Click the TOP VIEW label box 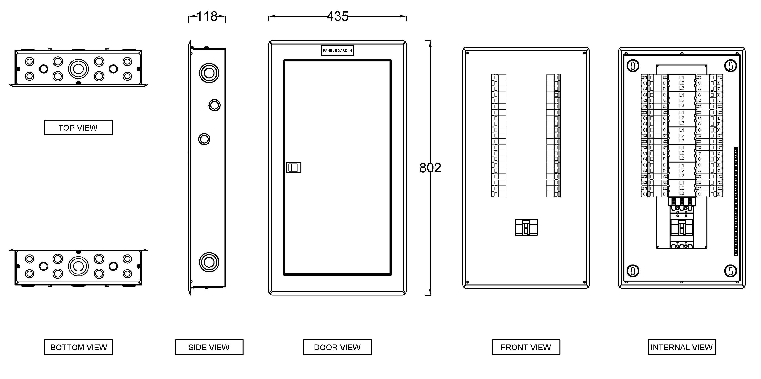(78, 127)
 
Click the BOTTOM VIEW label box (78, 347)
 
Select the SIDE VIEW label (209, 347)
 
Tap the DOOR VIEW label (337, 347)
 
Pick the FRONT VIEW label (526, 347)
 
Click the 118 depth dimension (207, 16)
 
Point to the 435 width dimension (337, 16)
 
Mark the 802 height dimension (430, 168)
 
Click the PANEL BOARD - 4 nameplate (337, 50)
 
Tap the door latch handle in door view (293, 168)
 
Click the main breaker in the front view (526, 227)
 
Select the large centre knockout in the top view (78, 69)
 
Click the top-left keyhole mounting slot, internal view (633, 66)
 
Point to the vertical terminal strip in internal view (736, 201)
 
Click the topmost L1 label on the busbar (682, 78)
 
